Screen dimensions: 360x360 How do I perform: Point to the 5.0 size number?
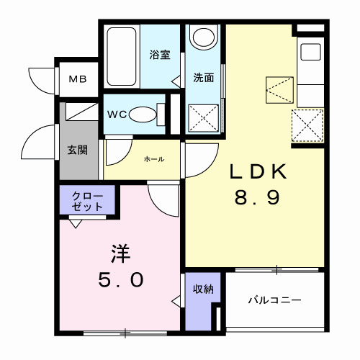pyautogui.click(x=120, y=279)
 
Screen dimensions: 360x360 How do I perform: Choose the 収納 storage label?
pyautogui.click(x=202, y=289)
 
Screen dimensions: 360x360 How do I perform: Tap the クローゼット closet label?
pyautogui.click(x=87, y=201)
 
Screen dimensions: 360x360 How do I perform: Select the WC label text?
pyautogui.click(x=118, y=113)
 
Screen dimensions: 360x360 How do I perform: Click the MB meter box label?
pyautogui.click(x=77, y=78)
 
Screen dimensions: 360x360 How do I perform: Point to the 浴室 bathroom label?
pyautogui.click(x=160, y=55)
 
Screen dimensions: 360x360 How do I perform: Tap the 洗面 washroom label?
pyautogui.click(x=203, y=77)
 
